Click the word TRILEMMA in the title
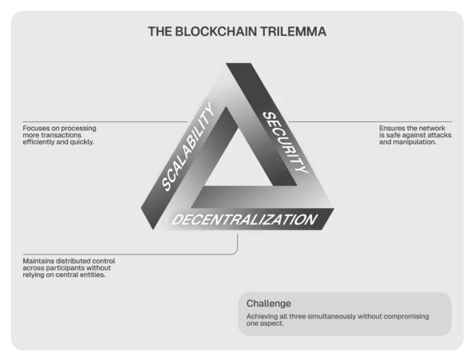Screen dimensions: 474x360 click(294, 32)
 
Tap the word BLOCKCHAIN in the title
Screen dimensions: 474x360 click(216, 32)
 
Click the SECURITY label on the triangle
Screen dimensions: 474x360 click(286, 142)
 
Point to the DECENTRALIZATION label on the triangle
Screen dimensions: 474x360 click(244, 220)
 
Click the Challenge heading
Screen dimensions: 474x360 click(269, 303)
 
